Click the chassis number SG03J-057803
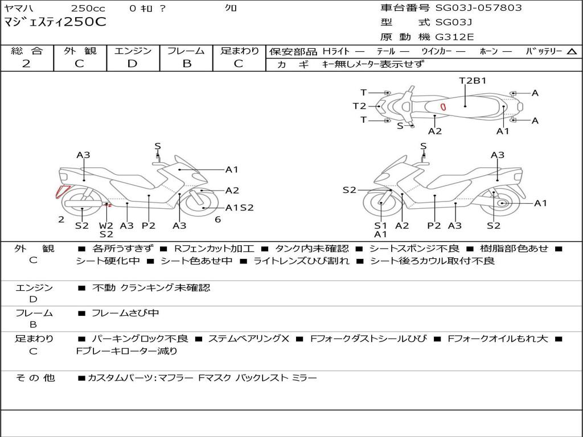tap(478, 8)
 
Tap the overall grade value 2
tap(26, 64)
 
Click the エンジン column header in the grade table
tap(133, 51)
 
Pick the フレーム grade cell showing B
tap(187, 64)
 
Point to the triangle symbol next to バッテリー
tap(572, 52)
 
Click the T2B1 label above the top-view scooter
tap(473, 81)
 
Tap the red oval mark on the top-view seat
tap(443, 107)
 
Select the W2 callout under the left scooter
tap(106, 225)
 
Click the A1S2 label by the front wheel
tap(240, 208)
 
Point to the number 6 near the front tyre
tap(218, 220)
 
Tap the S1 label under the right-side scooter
tap(380, 225)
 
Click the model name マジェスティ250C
tap(55, 22)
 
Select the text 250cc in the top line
tap(88, 8)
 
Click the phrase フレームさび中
tap(125, 314)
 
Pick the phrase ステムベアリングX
tap(248, 339)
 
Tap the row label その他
tap(35, 378)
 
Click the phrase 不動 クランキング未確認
tap(151, 287)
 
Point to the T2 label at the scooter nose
tap(360, 106)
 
